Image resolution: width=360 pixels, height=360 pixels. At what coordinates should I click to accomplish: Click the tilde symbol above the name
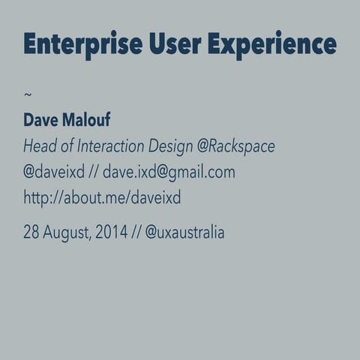point(28,94)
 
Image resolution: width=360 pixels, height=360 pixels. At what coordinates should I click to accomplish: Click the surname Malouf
point(88,120)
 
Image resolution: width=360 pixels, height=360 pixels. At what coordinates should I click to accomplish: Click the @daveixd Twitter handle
point(54,172)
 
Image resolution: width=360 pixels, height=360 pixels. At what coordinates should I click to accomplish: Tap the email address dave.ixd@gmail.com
point(169,172)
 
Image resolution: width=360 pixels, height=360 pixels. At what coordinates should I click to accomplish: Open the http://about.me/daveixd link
point(102,199)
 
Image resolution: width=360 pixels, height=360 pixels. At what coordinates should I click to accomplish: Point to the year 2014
point(112,232)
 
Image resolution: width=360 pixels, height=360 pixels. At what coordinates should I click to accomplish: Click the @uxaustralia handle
point(184,232)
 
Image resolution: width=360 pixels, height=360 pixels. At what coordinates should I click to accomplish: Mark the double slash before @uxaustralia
point(136,232)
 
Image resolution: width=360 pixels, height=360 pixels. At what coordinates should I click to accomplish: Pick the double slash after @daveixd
point(94,172)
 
